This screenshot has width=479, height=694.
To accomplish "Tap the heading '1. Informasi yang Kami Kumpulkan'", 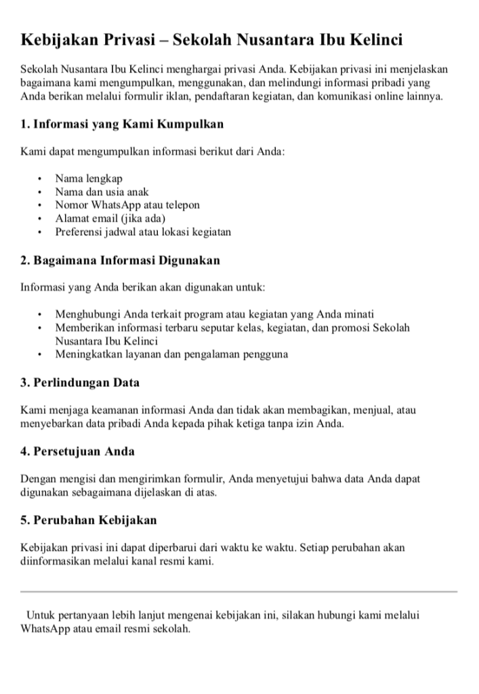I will (x=122, y=124).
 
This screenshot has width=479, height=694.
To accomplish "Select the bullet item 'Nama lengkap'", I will (x=89, y=179).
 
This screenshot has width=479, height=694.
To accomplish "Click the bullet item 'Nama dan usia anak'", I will (x=102, y=192).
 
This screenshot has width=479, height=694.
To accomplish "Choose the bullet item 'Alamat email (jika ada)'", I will (x=110, y=218).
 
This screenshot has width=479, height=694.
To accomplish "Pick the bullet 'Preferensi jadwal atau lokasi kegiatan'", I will (x=143, y=232).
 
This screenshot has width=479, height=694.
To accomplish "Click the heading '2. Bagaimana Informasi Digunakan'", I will (x=120, y=260).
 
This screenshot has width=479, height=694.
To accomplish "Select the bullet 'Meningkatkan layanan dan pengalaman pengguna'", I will (x=171, y=354).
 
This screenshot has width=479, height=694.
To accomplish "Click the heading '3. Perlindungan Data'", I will (x=80, y=382).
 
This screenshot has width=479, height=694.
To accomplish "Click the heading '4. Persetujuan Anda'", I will (x=77, y=451).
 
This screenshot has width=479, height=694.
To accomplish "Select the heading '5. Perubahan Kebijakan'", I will (x=89, y=520).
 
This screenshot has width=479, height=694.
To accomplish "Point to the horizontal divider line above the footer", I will (x=239, y=592).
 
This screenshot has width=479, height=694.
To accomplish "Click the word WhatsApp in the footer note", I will (x=45, y=629).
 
